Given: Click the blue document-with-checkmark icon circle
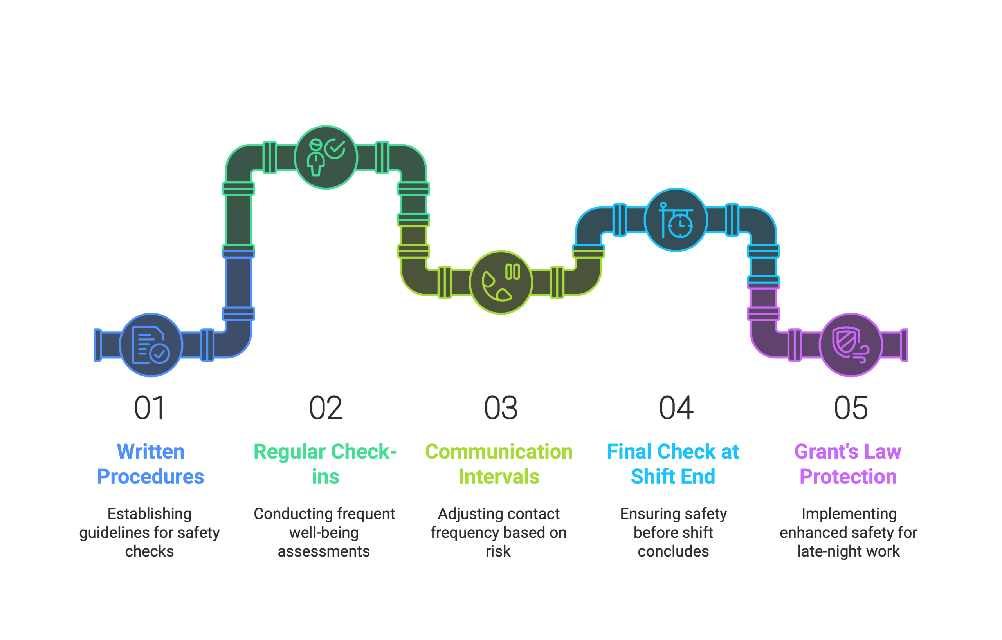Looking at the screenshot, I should (x=151, y=345).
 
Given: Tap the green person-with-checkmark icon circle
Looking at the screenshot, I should (x=326, y=157).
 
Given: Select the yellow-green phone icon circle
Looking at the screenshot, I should (x=501, y=282).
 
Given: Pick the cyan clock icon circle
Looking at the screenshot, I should (x=676, y=220).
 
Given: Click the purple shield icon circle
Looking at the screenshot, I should (x=851, y=345).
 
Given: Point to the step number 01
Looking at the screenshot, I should (x=150, y=408).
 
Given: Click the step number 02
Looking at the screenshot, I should (x=326, y=408).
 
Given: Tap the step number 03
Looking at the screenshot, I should (x=501, y=408).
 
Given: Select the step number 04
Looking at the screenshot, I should (x=676, y=408).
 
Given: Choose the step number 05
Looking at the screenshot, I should (x=851, y=408).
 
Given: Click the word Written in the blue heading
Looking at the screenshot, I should (x=150, y=452).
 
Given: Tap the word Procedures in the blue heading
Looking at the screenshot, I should (x=150, y=477).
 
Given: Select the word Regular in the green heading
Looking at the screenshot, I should (x=290, y=452).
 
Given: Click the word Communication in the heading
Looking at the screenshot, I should (x=499, y=452).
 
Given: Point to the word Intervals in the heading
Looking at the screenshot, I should (x=499, y=477).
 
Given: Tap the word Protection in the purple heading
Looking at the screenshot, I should (x=848, y=477).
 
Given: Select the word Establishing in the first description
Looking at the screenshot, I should (x=150, y=514).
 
